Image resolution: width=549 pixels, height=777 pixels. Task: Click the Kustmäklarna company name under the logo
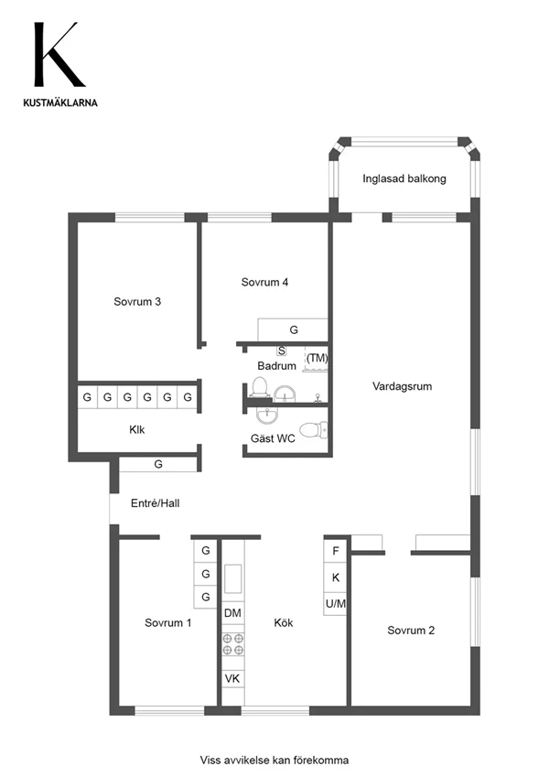click(60, 103)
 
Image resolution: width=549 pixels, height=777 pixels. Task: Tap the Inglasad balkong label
click(404, 178)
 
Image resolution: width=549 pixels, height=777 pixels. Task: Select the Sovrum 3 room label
click(137, 301)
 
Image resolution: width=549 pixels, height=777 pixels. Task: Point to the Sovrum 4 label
click(264, 282)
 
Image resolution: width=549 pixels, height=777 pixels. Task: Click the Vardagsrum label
click(402, 386)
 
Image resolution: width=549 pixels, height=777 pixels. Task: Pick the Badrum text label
click(276, 366)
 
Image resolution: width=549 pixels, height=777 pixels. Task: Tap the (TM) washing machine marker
click(318, 357)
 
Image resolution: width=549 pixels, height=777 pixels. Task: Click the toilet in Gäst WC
click(313, 429)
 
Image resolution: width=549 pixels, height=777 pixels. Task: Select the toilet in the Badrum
click(260, 388)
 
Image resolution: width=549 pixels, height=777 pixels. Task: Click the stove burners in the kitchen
click(233, 643)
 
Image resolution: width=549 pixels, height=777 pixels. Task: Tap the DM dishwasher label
click(232, 613)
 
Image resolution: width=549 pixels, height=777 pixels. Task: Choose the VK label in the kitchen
click(232, 678)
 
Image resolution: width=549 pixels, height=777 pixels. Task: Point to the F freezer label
click(336, 551)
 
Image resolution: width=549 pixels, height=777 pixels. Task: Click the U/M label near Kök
click(336, 603)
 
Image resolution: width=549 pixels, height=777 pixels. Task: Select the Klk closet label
click(136, 429)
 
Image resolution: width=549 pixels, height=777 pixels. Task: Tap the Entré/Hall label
click(155, 503)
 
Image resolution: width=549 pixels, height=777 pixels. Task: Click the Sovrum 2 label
click(411, 631)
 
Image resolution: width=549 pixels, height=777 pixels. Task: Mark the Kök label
click(284, 622)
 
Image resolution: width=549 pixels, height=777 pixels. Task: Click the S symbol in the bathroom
click(282, 351)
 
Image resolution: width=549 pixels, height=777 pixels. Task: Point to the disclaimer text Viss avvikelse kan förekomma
click(274, 761)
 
